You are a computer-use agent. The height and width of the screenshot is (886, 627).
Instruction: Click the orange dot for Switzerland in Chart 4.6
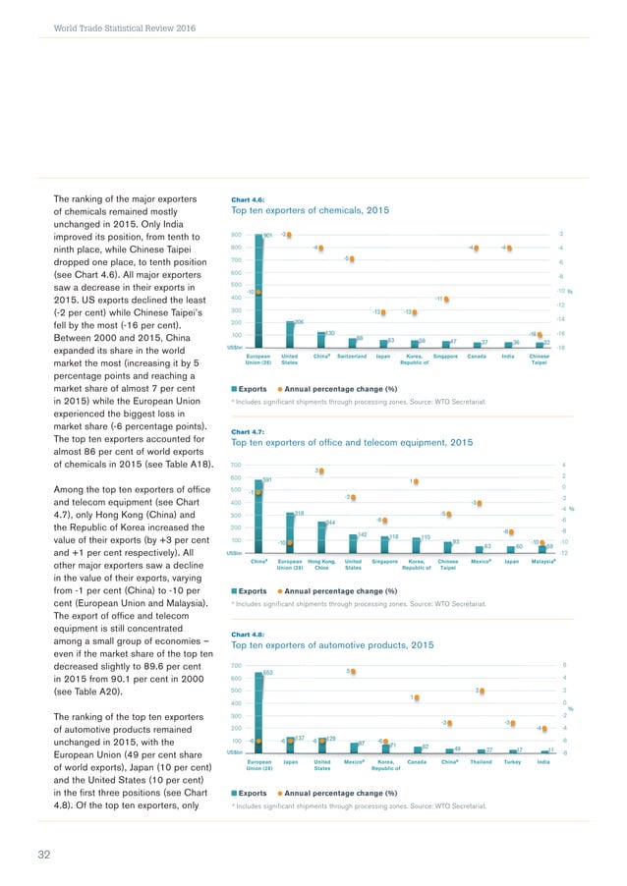(x=351, y=258)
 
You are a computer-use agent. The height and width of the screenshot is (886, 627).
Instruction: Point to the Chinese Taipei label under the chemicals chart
(x=539, y=359)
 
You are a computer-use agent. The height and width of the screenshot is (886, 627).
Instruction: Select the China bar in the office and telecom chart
(x=258, y=517)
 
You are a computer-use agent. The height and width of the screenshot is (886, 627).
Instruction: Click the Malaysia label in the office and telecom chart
(x=545, y=562)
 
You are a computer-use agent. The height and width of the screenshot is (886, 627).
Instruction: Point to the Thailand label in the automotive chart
(x=481, y=761)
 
